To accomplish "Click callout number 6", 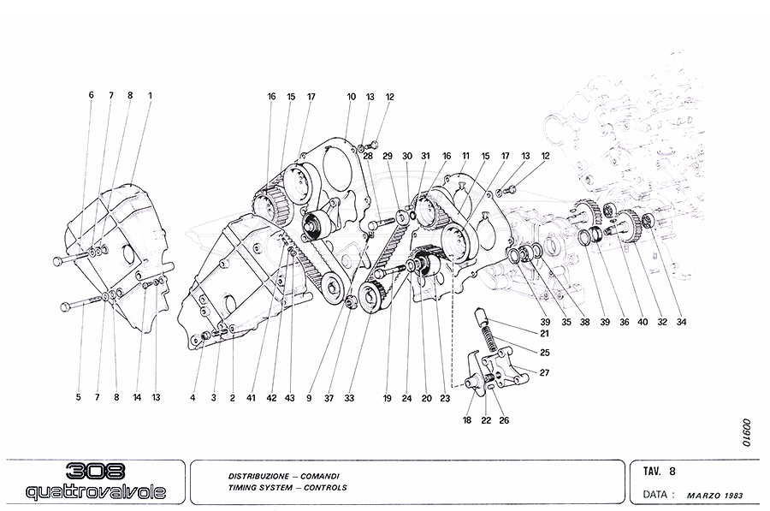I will pyautogui.click(x=91, y=95).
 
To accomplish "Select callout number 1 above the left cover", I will pyautogui.click(x=150, y=95).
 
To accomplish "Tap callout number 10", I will pyautogui.click(x=351, y=97).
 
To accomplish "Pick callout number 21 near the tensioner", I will pyautogui.click(x=544, y=333).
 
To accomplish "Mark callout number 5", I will pyautogui.click(x=78, y=397).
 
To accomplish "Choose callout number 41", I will pyautogui.click(x=252, y=397).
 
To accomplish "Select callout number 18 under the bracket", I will pyautogui.click(x=468, y=420).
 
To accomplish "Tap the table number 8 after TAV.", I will pyautogui.click(x=672, y=470).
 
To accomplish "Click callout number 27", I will pyautogui.click(x=544, y=371).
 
